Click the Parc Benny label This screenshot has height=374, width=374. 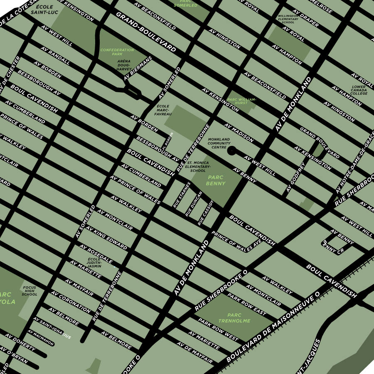point(216,180)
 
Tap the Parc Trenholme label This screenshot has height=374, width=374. point(234,318)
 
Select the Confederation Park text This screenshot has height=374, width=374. point(117,52)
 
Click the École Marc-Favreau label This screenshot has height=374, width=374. point(163,110)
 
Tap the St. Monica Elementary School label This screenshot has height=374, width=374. point(198,167)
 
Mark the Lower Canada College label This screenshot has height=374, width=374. point(359,90)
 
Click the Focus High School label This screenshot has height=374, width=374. point(30,291)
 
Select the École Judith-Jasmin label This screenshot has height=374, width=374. point(94,263)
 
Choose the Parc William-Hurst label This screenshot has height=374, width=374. point(242,101)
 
